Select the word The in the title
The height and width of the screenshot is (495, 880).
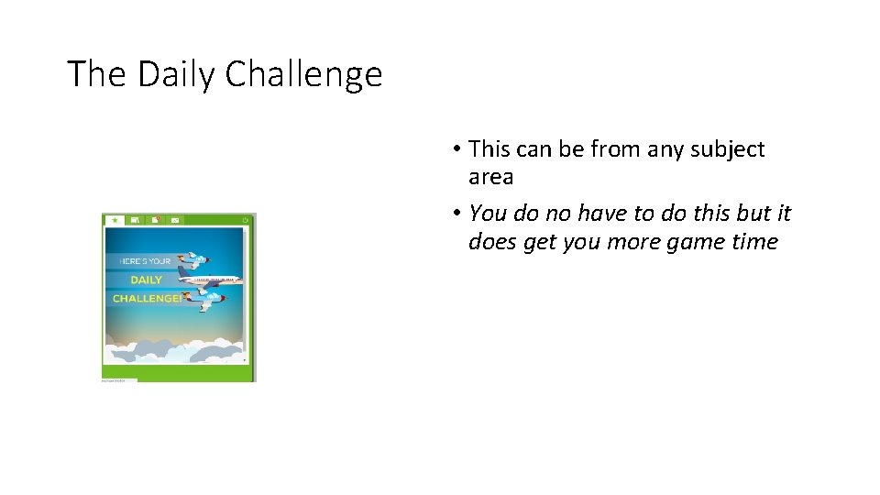(x=98, y=74)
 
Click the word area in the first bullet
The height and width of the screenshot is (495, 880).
(x=490, y=177)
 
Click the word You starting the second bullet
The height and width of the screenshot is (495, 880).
(x=487, y=214)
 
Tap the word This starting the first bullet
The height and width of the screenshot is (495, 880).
(x=489, y=149)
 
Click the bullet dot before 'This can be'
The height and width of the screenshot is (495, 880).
(x=456, y=149)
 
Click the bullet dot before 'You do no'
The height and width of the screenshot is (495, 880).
(x=456, y=214)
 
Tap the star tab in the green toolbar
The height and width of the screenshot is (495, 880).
(x=115, y=220)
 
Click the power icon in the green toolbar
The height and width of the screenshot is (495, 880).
(x=245, y=220)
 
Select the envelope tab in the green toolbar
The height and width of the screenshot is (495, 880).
(x=174, y=220)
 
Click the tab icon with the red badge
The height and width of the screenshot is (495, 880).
(x=155, y=220)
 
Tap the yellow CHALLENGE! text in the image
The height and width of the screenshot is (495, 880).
(x=147, y=299)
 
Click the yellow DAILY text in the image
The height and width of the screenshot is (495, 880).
(x=146, y=280)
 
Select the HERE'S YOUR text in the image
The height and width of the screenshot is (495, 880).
(x=145, y=261)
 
